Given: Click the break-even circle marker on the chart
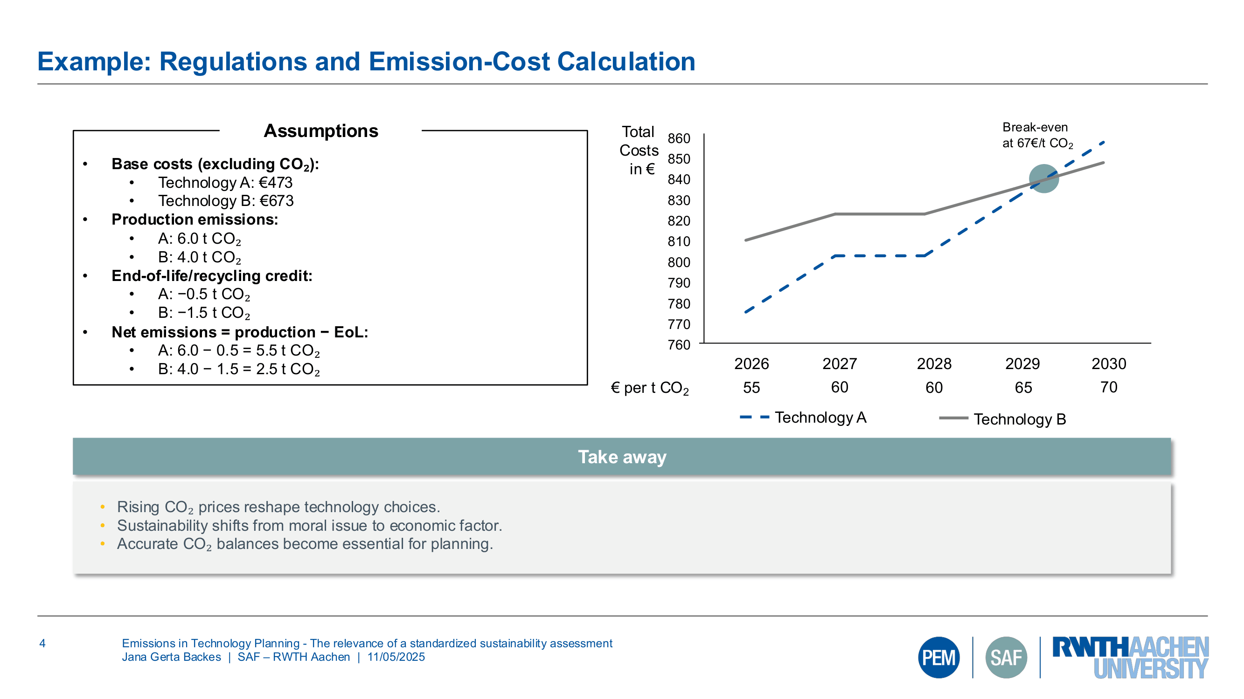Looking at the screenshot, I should point(1043,178).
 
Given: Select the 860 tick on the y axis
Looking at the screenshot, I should point(679,138).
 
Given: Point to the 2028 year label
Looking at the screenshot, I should point(933,364).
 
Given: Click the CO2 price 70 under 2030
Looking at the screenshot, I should point(1108,387).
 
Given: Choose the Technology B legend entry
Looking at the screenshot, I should point(1002,419).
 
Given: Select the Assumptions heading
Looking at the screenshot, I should point(320,131).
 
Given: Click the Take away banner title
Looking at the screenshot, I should point(622,456).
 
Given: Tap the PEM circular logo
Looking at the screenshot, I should point(938,657).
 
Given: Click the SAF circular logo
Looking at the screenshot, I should point(1006,657).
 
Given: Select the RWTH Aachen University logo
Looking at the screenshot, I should point(1130,657).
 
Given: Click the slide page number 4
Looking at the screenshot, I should point(42,643).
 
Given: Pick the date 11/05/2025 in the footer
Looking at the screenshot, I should point(396,657).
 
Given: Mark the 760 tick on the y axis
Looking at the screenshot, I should point(679,345).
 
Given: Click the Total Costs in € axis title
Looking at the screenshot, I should point(639,150).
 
